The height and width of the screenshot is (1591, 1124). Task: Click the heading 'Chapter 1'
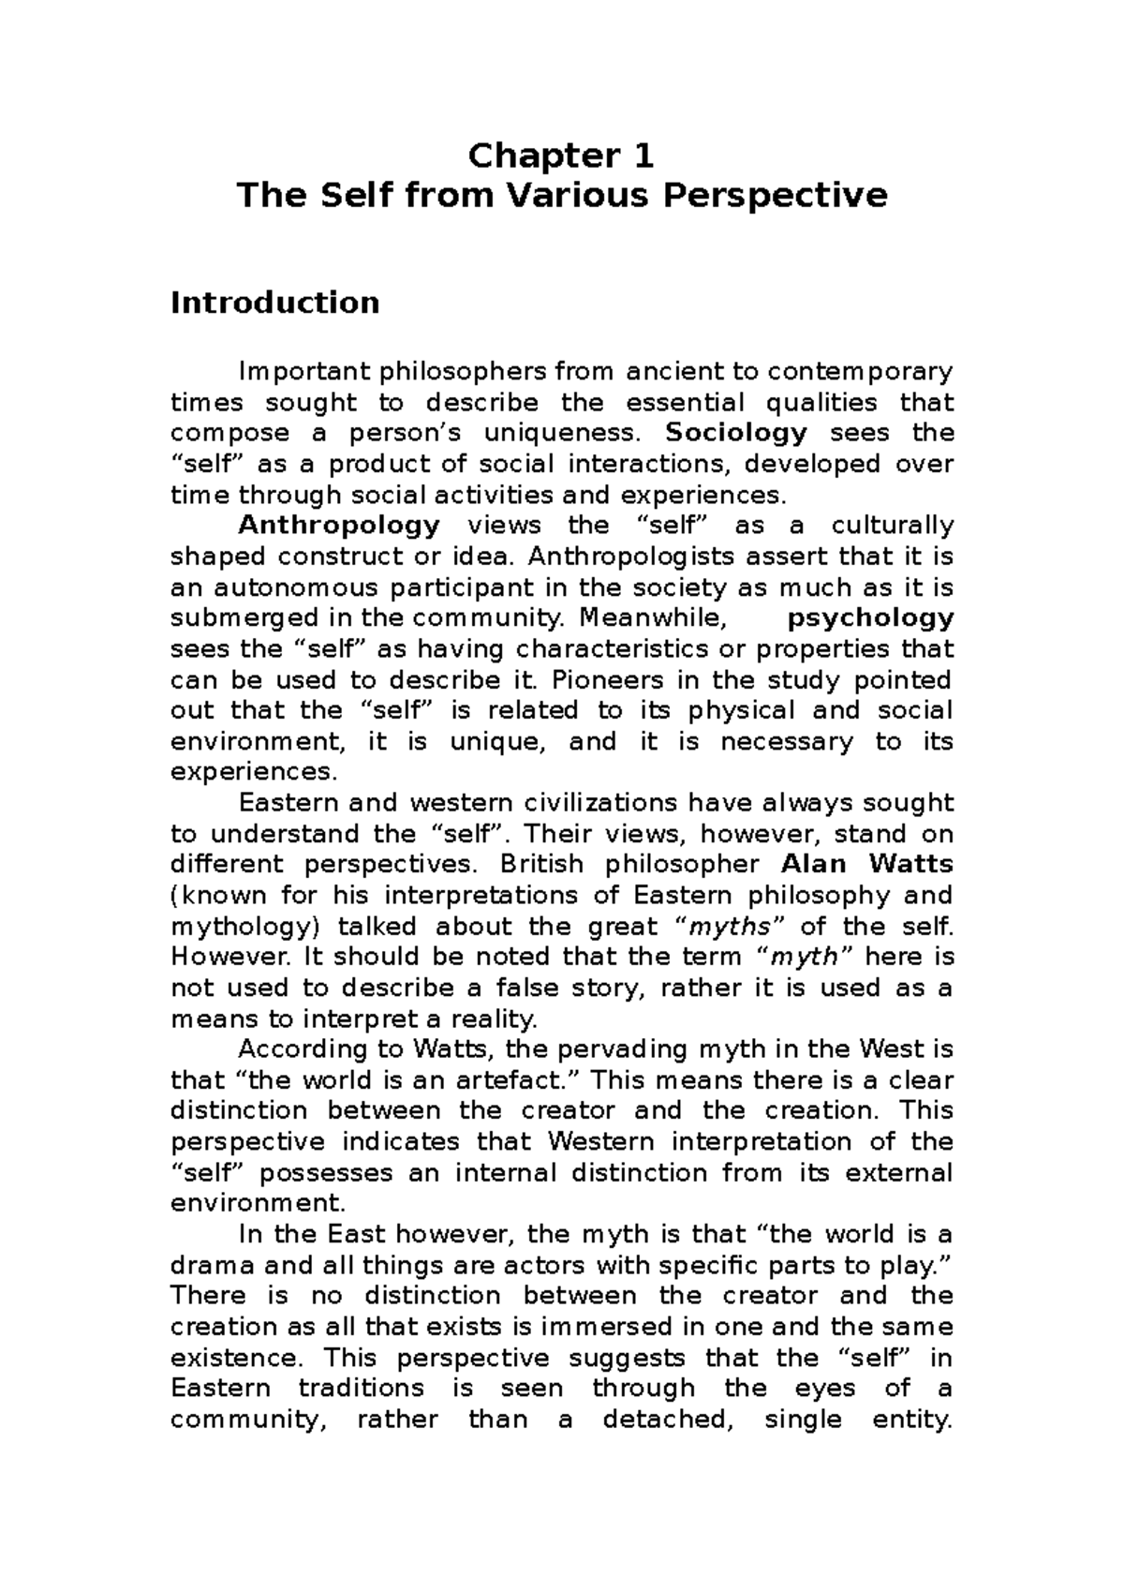[x=561, y=155]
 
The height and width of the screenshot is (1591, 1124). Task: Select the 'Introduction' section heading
[x=274, y=303]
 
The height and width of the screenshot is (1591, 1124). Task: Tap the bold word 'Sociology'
[x=735, y=433]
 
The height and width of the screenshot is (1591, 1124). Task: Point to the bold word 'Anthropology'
[x=339, y=526]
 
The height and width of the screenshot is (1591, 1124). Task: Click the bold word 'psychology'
[x=870, y=618]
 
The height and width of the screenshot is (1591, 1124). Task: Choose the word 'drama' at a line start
[x=213, y=1266]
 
